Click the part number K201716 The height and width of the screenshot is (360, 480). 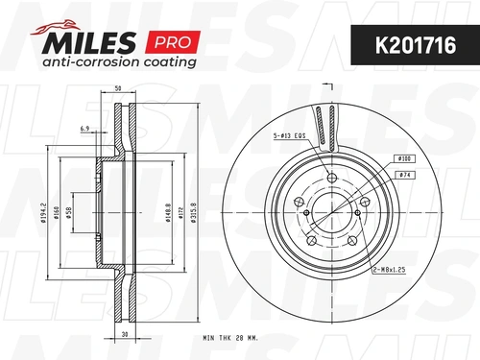click(416, 45)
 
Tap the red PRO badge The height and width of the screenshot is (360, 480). click(173, 42)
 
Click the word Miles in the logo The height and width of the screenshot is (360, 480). click(88, 42)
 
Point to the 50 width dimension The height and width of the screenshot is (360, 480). click(118, 88)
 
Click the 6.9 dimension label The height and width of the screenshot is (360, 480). click(84, 129)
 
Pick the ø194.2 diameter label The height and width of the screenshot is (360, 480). click(43, 212)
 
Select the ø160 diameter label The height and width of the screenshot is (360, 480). click(57, 213)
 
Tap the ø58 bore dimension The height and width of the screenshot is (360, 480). click(69, 213)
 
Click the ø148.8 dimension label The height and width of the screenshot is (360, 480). click(168, 212)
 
